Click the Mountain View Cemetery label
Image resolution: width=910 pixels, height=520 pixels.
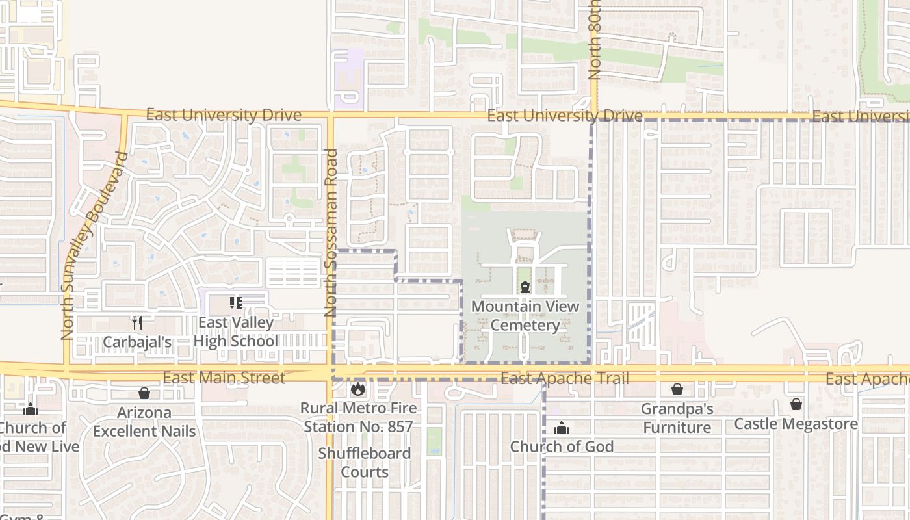tap(525, 315)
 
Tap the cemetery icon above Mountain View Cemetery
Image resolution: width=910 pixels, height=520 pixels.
tap(525, 287)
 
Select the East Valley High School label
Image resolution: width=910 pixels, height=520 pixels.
tap(235, 331)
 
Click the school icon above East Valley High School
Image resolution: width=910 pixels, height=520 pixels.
tap(235, 303)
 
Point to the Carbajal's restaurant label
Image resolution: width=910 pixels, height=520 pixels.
tap(136, 342)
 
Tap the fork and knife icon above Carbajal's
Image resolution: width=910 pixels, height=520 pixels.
tap(136, 322)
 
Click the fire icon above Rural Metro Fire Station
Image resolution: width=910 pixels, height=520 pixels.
tap(357, 389)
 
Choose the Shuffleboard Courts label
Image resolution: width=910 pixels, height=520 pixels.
tap(365, 462)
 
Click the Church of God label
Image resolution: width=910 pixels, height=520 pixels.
tap(562, 447)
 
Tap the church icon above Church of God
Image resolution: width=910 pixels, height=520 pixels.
tap(562, 428)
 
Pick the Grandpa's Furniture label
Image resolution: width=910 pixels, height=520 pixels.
tap(677, 418)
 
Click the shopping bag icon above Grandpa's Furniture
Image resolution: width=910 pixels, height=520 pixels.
tap(677, 389)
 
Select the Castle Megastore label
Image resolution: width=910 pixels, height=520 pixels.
tap(796, 424)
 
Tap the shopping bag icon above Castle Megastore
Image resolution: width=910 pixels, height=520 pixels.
tap(796, 404)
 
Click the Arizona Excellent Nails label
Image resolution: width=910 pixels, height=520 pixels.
tap(144, 421)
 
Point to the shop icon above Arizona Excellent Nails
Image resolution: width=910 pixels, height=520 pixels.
tap(144, 393)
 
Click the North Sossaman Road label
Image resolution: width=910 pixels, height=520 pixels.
tap(331, 233)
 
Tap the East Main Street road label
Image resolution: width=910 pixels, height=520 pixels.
tap(224, 378)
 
